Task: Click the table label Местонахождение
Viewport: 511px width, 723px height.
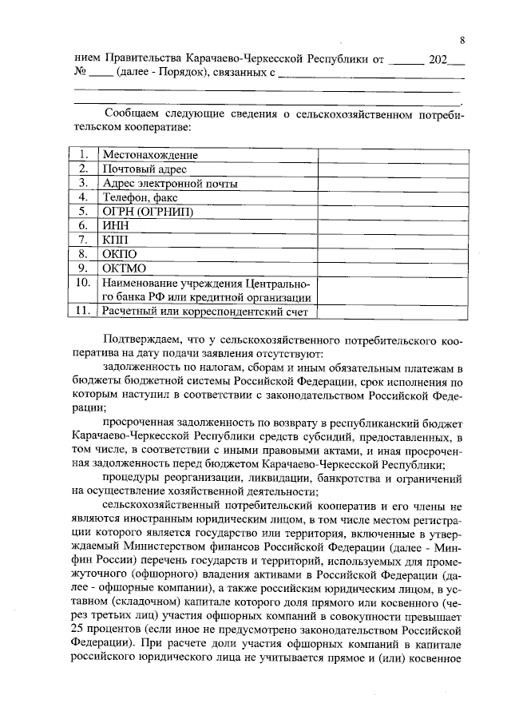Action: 149,155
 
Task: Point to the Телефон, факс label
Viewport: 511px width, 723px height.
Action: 139,197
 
